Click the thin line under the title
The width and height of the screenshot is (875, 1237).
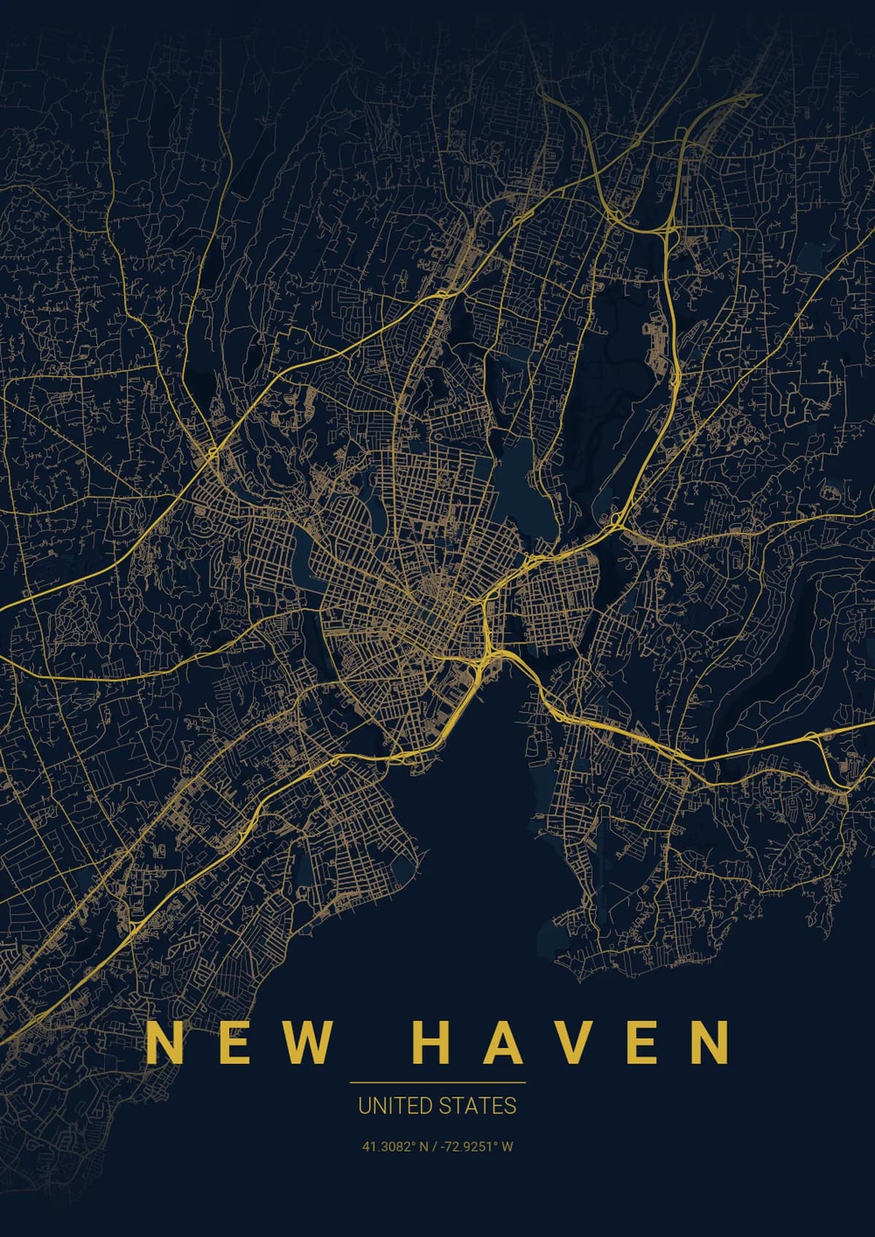[x=437, y=1082]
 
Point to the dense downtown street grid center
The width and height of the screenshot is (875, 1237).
[x=430, y=598]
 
